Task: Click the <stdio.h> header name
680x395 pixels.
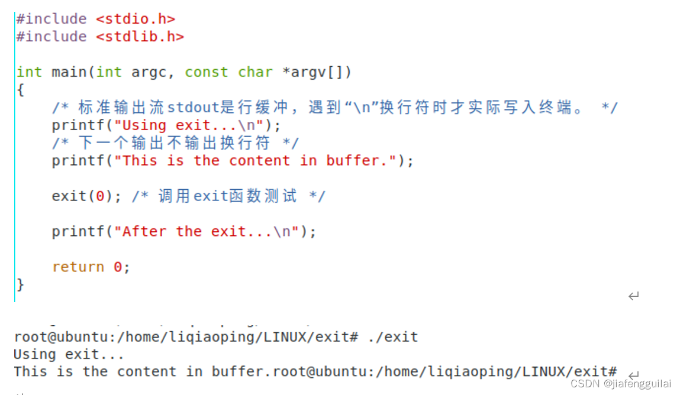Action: (x=135, y=19)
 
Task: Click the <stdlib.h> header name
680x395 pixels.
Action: (x=140, y=37)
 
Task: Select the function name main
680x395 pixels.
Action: (x=69, y=72)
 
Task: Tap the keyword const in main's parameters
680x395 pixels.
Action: (x=207, y=72)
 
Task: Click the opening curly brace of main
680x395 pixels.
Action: (x=20, y=90)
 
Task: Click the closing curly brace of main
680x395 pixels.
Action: (x=20, y=284)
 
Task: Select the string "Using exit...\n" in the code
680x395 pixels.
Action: (x=189, y=125)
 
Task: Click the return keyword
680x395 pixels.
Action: (x=78, y=267)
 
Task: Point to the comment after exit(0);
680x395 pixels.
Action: (x=228, y=196)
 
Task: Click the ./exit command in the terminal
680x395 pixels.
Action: (x=392, y=337)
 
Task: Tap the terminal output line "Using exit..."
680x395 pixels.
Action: (x=69, y=355)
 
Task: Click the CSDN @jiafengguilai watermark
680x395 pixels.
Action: (x=623, y=383)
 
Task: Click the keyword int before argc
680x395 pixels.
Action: (x=109, y=72)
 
